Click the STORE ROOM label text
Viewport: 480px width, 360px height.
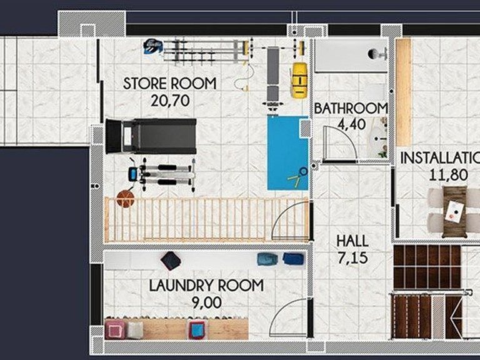(x=169, y=84)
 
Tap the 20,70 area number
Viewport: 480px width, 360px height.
(x=170, y=101)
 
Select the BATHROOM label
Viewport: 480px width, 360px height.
(x=351, y=108)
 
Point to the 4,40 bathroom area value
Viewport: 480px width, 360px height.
(x=351, y=124)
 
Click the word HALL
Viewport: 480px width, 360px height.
(x=352, y=241)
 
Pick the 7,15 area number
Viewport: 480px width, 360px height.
(x=352, y=257)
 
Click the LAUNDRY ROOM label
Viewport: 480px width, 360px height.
(x=206, y=285)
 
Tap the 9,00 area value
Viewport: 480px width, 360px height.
(x=207, y=302)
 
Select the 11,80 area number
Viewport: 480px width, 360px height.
(x=448, y=175)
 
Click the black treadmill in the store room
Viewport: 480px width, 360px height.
(x=151, y=136)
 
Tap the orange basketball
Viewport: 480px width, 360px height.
(x=126, y=199)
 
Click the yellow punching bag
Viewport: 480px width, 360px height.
(x=299, y=80)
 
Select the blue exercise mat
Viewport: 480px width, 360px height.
(x=287, y=152)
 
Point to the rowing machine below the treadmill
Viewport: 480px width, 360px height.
(x=162, y=175)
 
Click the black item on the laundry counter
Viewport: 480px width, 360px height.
(x=171, y=261)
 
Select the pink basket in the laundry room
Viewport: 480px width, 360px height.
(x=115, y=330)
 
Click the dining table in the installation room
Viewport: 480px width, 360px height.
(x=455, y=211)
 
